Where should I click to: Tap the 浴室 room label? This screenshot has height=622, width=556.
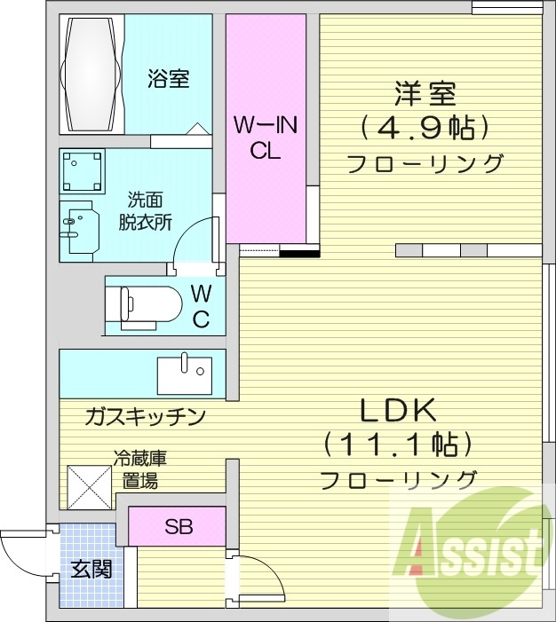[x=168, y=79]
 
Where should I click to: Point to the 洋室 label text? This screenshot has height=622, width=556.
[x=425, y=93]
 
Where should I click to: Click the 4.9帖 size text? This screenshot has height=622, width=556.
[x=425, y=129]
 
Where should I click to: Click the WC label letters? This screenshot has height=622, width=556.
[x=202, y=306]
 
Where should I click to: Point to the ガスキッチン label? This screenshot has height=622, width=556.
[x=147, y=415]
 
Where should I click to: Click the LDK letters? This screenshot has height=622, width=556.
[x=397, y=411]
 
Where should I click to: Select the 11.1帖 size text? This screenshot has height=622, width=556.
[x=397, y=444]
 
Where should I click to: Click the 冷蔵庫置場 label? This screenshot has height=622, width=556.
[x=139, y=470]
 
